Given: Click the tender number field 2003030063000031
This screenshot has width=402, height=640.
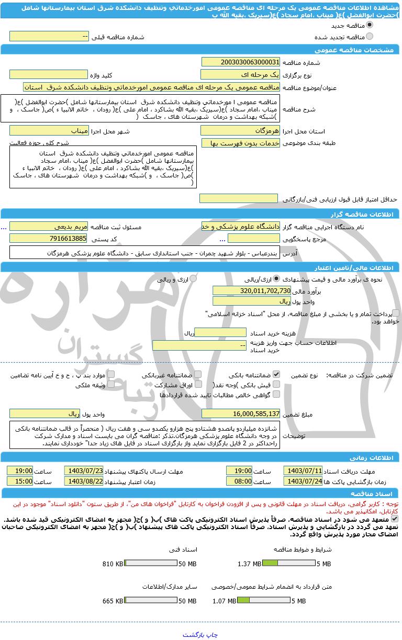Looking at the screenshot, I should coord(240,62).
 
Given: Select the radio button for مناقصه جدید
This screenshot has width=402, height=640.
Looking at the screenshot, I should coord(370,25).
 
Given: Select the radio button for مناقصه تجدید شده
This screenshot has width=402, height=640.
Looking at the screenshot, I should coord(370,37).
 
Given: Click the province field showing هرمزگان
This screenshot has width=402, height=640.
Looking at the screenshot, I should coord(240,131).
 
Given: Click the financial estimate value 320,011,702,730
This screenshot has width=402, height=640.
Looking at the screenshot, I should coord(252,290).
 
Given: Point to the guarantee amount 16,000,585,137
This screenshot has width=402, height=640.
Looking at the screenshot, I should coord(241,414).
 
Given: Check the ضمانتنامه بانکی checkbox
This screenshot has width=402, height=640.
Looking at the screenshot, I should coord(276,375).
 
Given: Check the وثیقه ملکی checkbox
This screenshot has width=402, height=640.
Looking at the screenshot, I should coord(110,385).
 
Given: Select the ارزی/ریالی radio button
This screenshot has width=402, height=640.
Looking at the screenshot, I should coord(276,279).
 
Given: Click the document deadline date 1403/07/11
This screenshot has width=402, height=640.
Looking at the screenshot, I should coord(303,470).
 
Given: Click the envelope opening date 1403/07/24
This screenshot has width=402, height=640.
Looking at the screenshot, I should coord(303,481).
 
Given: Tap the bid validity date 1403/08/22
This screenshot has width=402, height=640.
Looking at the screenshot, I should coord(84,481).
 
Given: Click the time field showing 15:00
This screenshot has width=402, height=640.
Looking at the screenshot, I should coord(20,481).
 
